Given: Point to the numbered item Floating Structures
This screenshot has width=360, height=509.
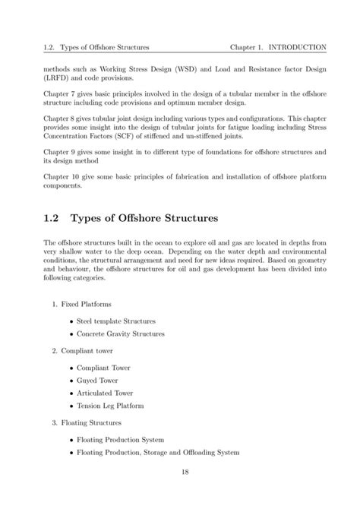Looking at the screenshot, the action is [x=94, y=422].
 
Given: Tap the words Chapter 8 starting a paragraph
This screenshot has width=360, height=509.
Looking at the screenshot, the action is [x=60, y=119].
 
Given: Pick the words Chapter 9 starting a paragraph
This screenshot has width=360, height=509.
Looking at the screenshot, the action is [x=60, y=153].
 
